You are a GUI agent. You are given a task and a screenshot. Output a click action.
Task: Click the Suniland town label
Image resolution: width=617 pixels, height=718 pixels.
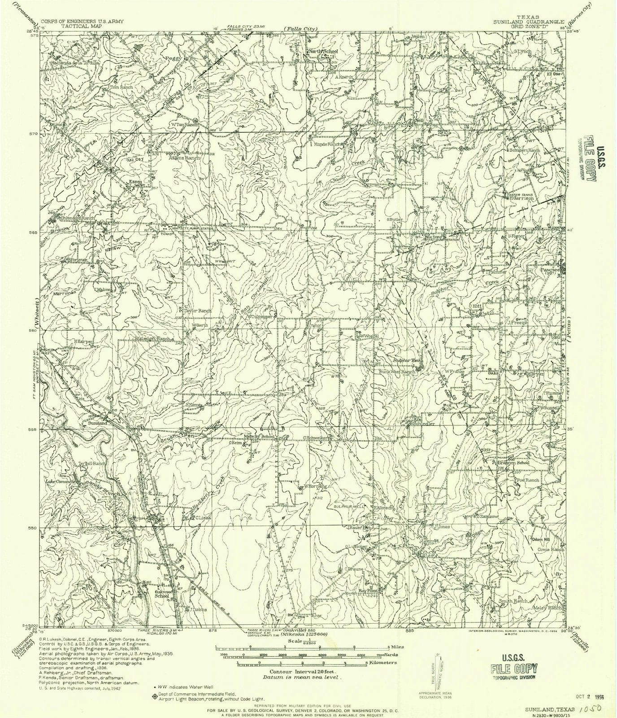(97, 423)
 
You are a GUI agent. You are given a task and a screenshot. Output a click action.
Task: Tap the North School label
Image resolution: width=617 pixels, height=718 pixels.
(323, 52)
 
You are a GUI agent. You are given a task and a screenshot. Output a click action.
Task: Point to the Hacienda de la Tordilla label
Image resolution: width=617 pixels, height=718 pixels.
(75, 63)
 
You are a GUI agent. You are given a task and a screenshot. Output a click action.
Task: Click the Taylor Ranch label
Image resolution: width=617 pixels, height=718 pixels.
(197, 311)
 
